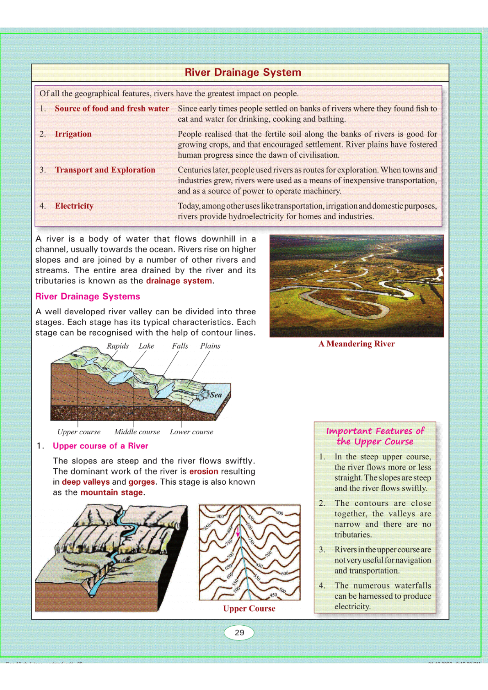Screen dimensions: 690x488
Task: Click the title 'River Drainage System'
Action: [243, 73]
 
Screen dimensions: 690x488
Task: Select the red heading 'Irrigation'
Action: [73, 134]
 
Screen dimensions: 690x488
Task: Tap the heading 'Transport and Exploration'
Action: [105, 170]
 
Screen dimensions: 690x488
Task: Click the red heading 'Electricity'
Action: [74, 206]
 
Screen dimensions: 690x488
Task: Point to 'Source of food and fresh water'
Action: [112, 109]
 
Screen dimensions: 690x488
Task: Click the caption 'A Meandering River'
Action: [356, 344]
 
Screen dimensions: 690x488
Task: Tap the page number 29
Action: [239, 632]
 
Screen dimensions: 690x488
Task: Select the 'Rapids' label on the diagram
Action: [118, 346]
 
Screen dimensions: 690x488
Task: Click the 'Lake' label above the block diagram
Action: [146, 346]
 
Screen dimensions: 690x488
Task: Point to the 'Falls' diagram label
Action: [180, 346]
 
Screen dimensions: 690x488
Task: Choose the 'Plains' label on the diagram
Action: [210, 346]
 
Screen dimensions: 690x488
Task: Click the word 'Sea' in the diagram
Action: [216, 395]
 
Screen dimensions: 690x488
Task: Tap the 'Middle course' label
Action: [137, 432]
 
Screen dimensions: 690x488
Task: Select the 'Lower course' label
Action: [191, 432]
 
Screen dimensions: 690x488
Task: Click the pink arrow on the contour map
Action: [238, 531]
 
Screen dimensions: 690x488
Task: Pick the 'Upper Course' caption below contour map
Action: [249, 608]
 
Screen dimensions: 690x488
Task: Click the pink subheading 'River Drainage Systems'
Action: [88, 296]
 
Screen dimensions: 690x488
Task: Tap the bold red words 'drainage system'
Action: [179, 281]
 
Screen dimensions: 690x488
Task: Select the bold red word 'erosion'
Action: [204, 471]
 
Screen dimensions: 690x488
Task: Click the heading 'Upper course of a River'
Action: [100, 446]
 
